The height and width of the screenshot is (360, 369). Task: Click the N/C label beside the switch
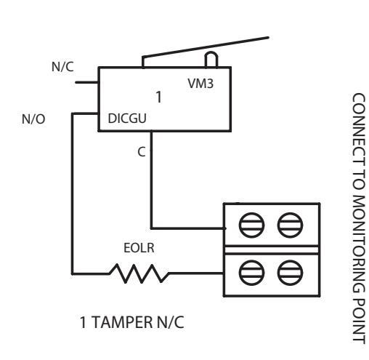(62, 67)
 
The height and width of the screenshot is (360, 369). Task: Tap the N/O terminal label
(33, 119)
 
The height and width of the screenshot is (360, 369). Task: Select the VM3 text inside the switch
(200, 84)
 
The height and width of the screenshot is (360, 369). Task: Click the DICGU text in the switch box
(127, 119)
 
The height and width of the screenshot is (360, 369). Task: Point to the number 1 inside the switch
(158, 97)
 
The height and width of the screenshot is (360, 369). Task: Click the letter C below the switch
(142, 152)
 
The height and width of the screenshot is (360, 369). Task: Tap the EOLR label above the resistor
(139, 248)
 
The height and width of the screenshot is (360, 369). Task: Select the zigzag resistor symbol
(139, 273)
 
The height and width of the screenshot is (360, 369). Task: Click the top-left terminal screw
(251, 225)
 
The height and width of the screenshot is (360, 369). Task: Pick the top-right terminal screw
(290, 225)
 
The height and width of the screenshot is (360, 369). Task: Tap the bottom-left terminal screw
(251, 273)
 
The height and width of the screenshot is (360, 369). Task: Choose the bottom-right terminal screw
(290, 273)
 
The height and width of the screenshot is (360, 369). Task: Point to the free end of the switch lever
(268, 38)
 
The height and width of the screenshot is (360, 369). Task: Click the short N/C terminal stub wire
(87, 82)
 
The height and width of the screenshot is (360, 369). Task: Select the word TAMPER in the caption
(122, 322)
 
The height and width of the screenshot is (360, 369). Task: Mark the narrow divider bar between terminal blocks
(272, 249)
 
